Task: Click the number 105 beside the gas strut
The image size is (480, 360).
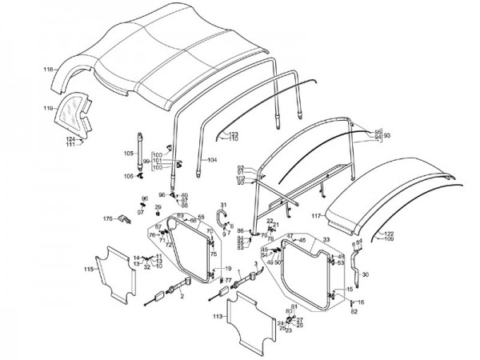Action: tap(129, 152)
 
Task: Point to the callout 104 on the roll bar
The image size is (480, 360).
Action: tap(212, 160)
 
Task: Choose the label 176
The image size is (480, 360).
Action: tap(108, 218)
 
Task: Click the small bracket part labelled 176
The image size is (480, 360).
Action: tap(124, 218)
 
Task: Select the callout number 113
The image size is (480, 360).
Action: tap(217, 316)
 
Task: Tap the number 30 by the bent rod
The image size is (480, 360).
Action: tap(366, 274)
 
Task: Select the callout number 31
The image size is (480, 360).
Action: tap(223, 206)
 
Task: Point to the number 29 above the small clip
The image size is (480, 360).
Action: tap(158, 207)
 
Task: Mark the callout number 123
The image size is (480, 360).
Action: tap(234, 133)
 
